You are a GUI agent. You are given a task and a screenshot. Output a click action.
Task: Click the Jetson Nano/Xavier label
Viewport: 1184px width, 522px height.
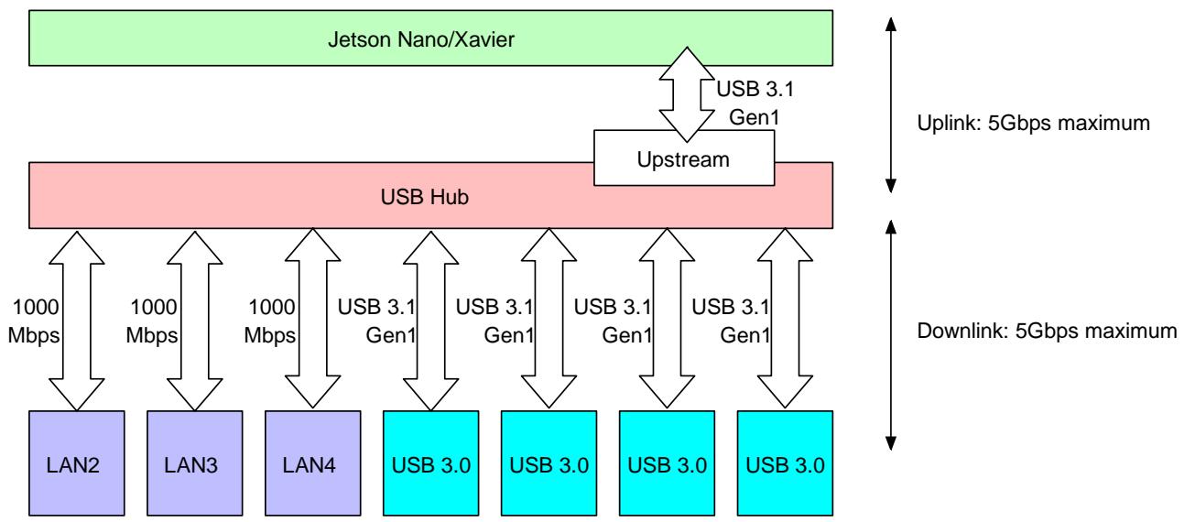(420, 39)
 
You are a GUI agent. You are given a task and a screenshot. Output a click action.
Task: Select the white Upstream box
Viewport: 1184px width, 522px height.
(684, 158)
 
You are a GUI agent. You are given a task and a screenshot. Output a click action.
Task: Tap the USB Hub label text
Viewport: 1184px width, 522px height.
(425, 197)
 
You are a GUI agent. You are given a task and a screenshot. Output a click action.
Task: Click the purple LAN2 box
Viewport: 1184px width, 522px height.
(77, 463)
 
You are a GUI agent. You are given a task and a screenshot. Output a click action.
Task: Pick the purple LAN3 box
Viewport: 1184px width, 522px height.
(195, 463)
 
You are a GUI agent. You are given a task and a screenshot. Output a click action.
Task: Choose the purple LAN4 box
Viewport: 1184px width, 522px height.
(313, 463)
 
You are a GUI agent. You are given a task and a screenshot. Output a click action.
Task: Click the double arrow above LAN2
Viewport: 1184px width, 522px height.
(77, 321)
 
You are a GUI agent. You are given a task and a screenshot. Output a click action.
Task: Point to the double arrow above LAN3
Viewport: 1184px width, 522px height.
(195, 321)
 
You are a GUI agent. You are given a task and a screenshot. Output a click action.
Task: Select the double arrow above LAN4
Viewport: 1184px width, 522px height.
(313, 319)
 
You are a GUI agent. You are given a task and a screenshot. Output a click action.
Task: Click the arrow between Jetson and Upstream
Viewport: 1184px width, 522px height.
(687, 94)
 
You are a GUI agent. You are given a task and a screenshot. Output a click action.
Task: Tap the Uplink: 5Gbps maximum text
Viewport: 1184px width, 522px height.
(1033, 124)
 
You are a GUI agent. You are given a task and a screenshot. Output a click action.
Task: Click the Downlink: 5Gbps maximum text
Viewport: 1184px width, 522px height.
(1047, 332)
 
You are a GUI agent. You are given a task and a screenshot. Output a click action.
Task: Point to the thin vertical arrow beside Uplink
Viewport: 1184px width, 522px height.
(891, 104)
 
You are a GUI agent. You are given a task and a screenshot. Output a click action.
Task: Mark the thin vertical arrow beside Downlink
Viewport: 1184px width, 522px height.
(891, 335)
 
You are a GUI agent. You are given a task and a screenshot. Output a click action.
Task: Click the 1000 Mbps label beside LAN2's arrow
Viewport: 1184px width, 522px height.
(34, 321)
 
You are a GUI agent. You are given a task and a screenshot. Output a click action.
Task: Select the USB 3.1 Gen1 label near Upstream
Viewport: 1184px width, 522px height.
(755, 103)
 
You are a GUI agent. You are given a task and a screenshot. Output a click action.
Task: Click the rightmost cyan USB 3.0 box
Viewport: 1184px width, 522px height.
(785, 463)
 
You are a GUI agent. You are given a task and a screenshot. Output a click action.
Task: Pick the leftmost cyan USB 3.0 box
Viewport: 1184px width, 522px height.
(430, 463)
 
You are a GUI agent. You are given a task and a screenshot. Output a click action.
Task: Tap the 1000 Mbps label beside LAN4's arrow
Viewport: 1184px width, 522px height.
(269, 321)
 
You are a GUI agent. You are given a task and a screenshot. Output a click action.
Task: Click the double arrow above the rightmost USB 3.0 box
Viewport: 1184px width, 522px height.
(785, 319)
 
